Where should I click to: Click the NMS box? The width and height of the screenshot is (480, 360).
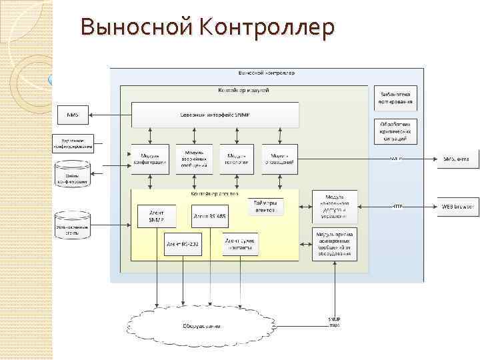(73, 115)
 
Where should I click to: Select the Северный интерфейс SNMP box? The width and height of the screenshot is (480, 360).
(215, 115)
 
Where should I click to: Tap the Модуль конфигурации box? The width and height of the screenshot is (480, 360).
(150, 159)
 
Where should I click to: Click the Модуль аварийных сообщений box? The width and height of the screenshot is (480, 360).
(194, 159)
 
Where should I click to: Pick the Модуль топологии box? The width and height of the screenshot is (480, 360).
(237, 159)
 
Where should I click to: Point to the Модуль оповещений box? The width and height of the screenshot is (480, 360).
(279, 159)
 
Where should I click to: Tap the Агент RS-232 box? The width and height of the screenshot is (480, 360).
(183, 245)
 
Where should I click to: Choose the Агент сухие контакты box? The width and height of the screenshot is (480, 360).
(239, 243)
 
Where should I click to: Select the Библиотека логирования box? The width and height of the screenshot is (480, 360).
(397, 99)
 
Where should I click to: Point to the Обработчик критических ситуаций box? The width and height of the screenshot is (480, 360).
(397, 131)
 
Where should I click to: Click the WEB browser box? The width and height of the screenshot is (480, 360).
(457, 206)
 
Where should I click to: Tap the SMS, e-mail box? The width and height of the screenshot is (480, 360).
(457, 159)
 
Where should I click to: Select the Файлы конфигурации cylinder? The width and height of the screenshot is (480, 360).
(72, 176)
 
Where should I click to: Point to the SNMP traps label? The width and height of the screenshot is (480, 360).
(334, 322)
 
